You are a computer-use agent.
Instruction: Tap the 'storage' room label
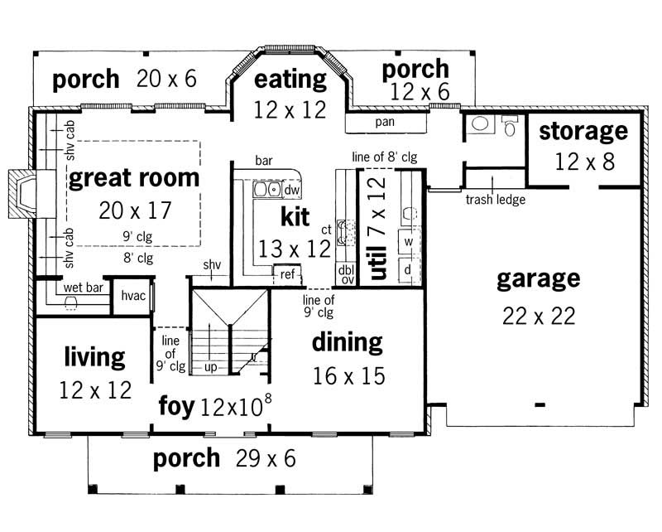[584, 132]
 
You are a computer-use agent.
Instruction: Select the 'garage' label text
[538, 279]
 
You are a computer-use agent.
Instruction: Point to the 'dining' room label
[347, 342]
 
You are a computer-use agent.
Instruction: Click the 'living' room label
[94, 357]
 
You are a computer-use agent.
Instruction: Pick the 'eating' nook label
[290, 80]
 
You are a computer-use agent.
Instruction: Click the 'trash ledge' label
[492, 200]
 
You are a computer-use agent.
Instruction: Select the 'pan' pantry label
[385, 122]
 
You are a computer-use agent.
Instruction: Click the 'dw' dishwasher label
[291, 190]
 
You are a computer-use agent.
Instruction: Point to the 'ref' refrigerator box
[287, 273]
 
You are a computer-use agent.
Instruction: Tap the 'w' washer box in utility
[408, 242]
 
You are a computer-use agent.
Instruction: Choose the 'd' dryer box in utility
[408, 269]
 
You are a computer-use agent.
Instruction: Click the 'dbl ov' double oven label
[345, 274]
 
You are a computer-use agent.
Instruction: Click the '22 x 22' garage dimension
[538, 316]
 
